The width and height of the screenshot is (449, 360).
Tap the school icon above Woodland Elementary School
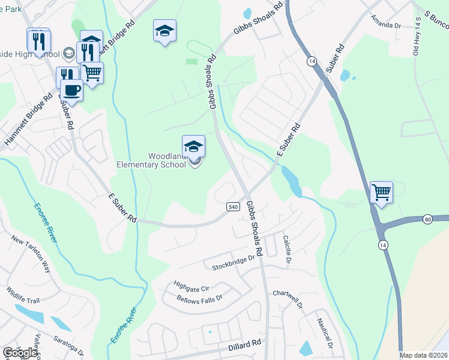(193, 147)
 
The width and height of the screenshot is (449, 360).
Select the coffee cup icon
(72, 91)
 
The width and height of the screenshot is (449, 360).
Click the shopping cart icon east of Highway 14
(381, 193)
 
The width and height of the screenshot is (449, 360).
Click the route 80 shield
(427, 219)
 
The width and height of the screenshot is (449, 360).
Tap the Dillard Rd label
(245, 344)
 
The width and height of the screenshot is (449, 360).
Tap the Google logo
(20, 353)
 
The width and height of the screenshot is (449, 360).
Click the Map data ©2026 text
(423, 355)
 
